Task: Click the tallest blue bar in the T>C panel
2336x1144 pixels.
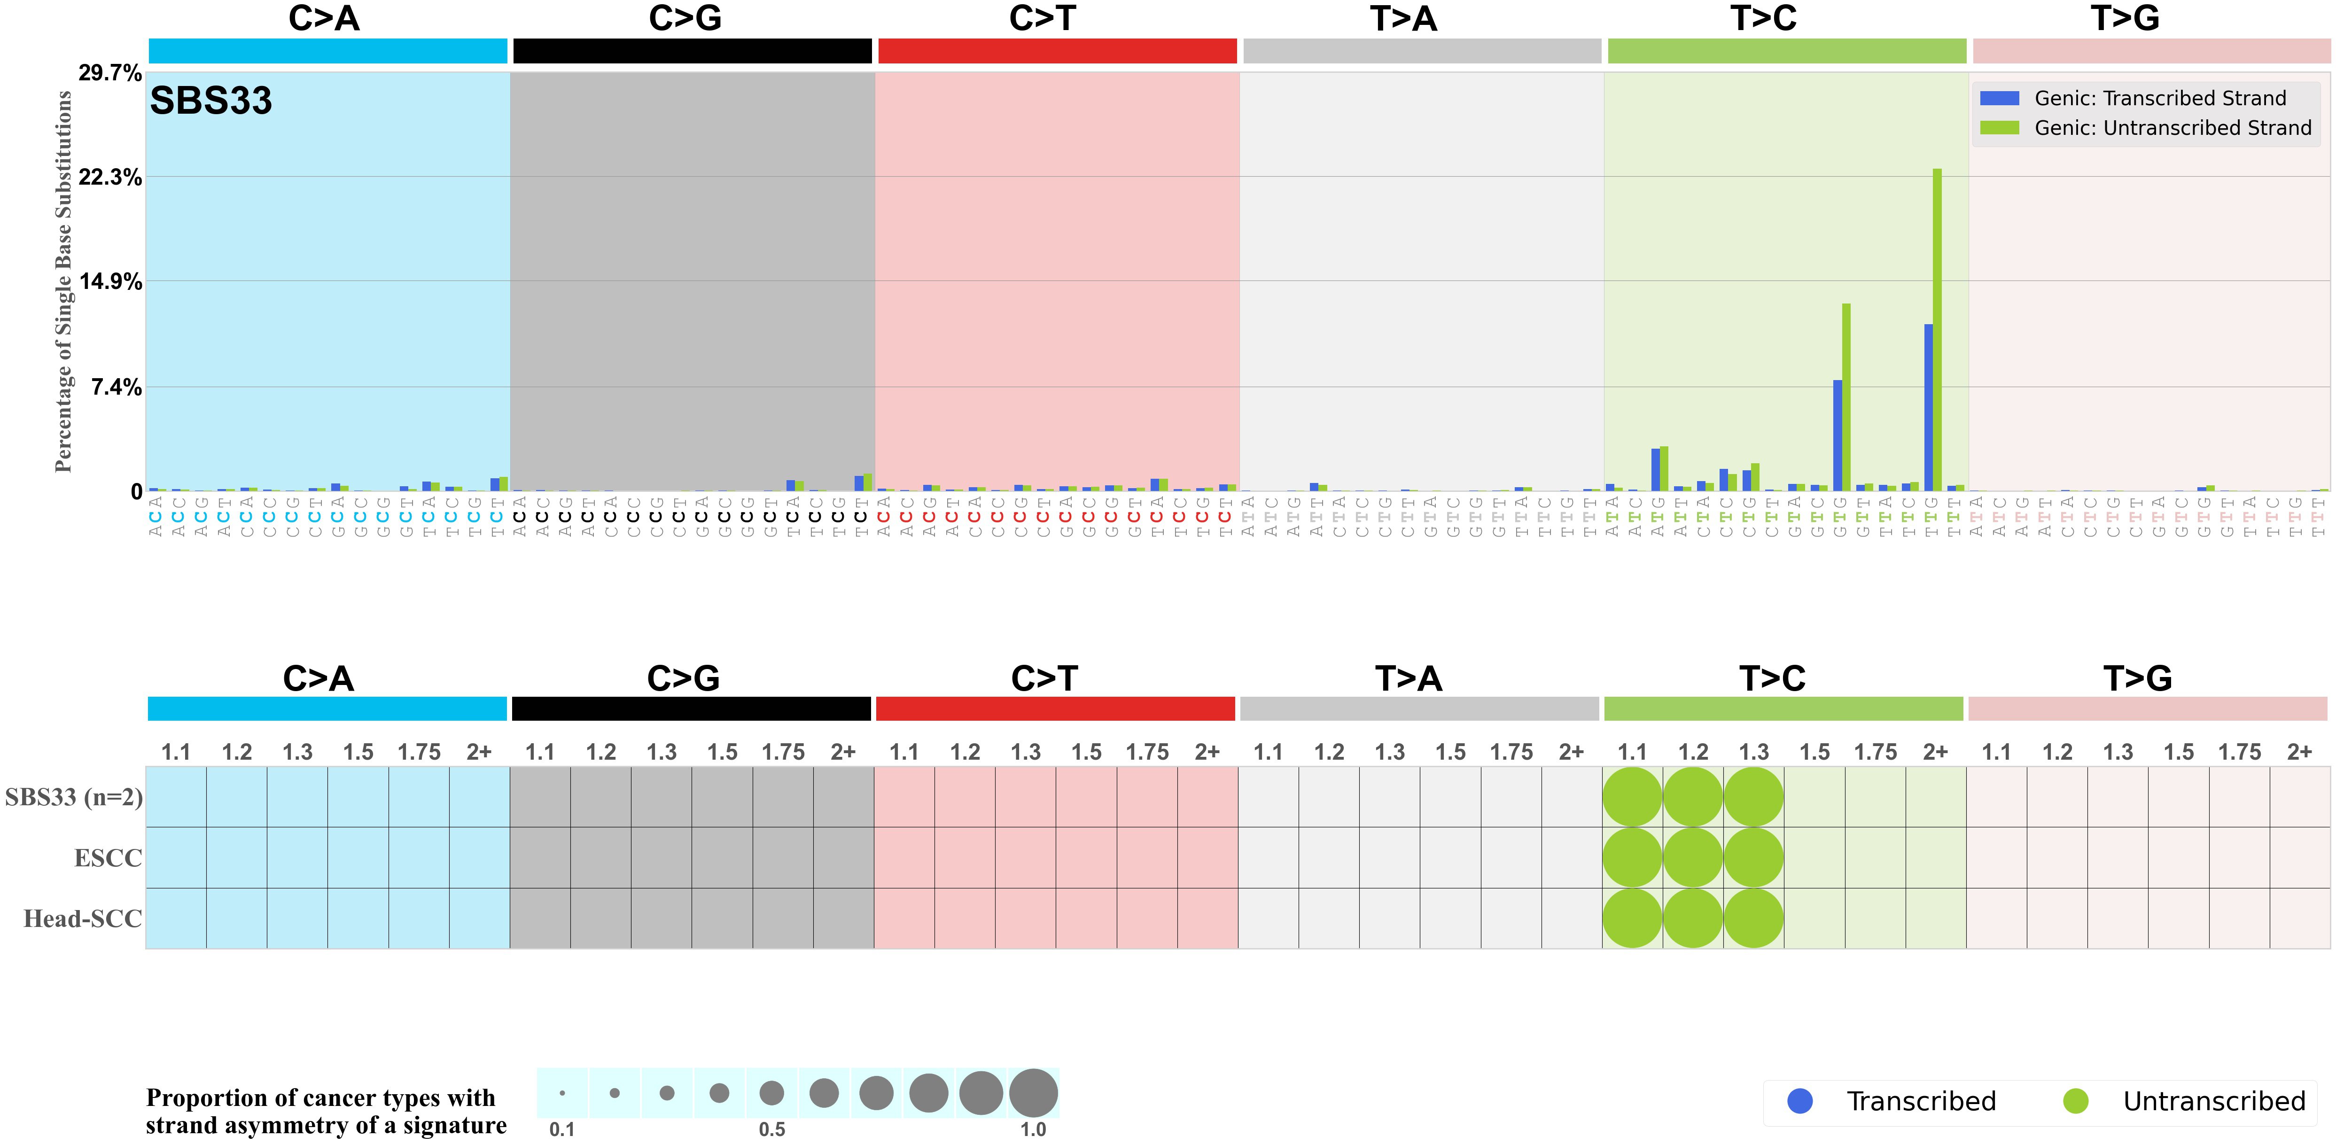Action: [1928, 408]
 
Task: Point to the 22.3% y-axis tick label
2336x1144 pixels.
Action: [110, 178]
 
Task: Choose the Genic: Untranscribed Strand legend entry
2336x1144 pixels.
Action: [2172, 128]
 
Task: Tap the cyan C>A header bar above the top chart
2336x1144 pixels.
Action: [327, 51]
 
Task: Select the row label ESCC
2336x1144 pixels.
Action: [108, 857]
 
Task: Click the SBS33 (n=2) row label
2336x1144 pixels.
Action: [73, 797]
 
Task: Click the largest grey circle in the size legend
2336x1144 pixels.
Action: [1033, 1092]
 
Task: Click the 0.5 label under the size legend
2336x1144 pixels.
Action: [772, 1129]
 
